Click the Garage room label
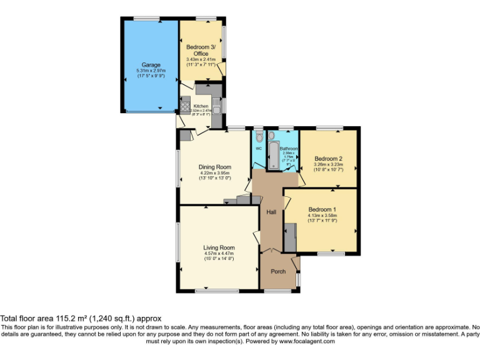point(151,65)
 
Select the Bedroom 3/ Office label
point(201,51)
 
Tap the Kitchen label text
point(201,106)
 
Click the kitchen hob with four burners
point(185,107)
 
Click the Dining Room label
point(215,167)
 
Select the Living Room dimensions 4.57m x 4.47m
point(219,253)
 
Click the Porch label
point(277,271)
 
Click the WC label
point(259,148)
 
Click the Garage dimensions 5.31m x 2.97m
point(151,71)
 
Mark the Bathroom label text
point(289,149)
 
